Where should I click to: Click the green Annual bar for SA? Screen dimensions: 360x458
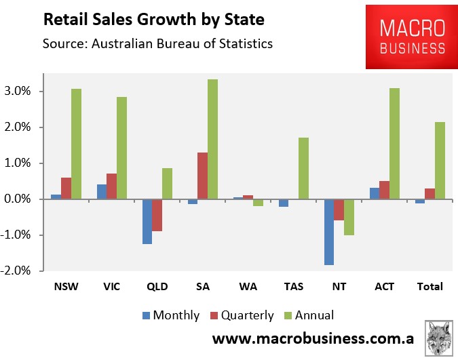[x=212, y=139]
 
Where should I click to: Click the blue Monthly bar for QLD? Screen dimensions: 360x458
[x=147, y=221]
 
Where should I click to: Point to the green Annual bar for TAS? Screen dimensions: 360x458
[x=303, y=168]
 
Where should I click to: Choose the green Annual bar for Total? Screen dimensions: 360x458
[x=439, y=161]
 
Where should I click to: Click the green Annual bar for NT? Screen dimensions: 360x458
[x=349, y=217]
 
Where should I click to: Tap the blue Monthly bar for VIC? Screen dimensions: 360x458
[x=101, y=192]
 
